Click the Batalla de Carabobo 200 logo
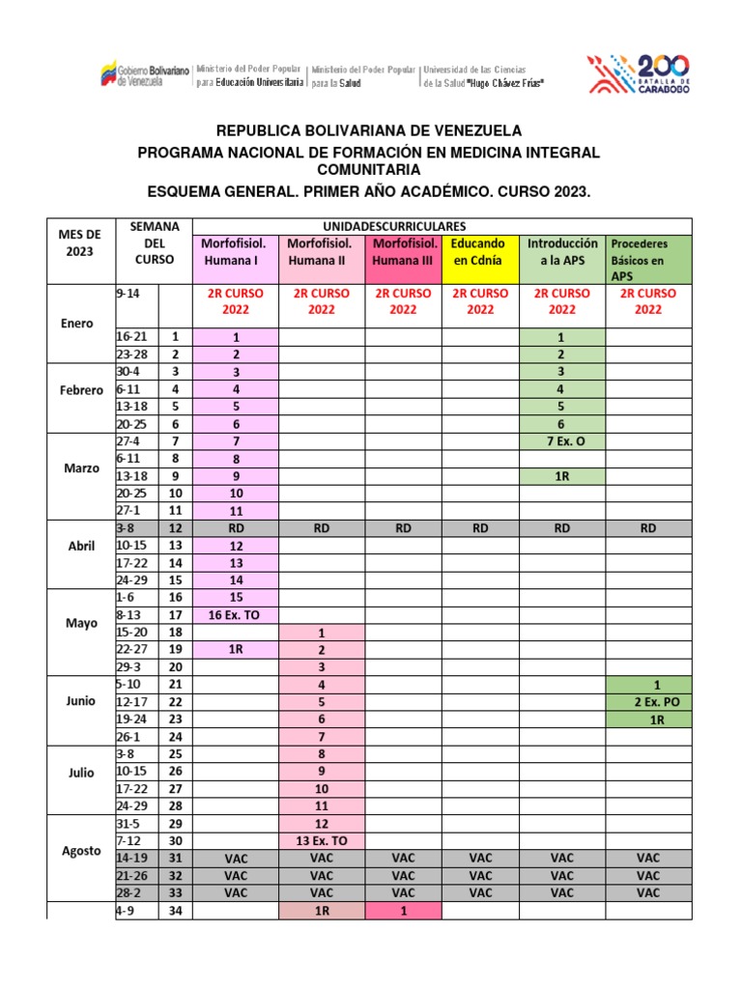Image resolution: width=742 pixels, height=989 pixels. (x=639, y=76)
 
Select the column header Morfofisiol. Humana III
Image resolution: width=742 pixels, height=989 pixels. (x=403, y=251)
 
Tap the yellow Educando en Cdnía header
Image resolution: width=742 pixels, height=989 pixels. (x=480, y=251)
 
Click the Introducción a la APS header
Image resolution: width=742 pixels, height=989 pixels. (x=562, y=251)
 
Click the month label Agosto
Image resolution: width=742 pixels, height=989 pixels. (x=82, y=849)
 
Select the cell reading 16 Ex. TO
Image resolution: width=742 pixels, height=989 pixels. (x=236, y=614)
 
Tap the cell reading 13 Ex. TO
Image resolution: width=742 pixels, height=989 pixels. (x=321, y=840)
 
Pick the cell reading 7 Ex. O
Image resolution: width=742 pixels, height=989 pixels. (x=562, y=440)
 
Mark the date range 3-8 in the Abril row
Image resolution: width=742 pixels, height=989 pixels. (x=127, y=528)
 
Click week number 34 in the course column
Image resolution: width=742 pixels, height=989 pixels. (x=175, y=910)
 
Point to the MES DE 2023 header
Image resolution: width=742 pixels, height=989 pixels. (x=79, y=242)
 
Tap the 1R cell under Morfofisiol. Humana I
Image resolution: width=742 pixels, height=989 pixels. (x=236, y=649)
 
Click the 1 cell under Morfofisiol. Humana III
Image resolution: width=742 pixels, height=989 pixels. (x=403, y=910)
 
